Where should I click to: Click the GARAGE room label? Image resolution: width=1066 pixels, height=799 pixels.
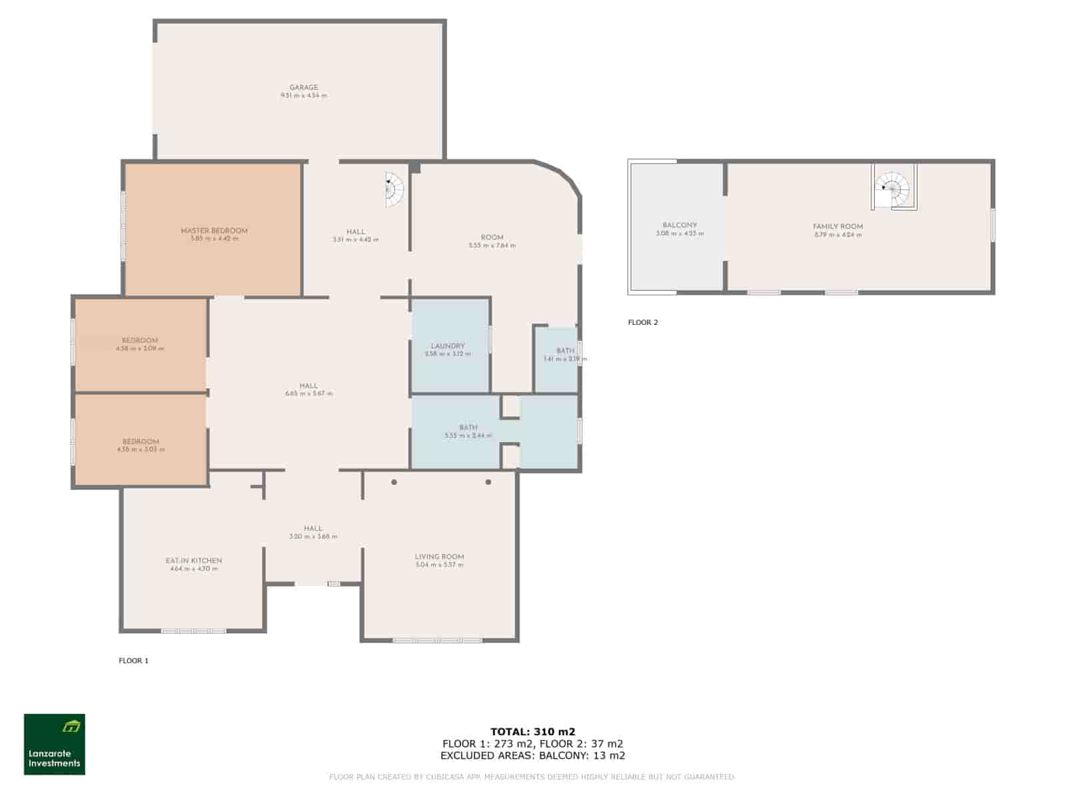303,87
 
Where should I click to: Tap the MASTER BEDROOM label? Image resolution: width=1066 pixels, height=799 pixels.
214,231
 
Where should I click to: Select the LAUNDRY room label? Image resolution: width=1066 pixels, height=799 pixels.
448,346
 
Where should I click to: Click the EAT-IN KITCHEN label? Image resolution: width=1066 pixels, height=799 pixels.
194,561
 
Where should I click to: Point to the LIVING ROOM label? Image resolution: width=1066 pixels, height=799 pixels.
439,557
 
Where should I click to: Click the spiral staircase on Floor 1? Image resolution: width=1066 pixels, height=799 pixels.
394,190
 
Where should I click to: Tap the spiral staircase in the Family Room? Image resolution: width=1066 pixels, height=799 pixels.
893,190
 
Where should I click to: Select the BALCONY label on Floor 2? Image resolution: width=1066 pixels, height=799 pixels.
680,225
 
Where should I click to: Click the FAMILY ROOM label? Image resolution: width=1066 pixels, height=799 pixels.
837,226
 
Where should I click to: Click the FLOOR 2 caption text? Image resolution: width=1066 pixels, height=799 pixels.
642,322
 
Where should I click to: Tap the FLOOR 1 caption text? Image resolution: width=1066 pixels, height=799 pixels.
133,661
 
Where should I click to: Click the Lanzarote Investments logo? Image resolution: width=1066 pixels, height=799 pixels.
55,744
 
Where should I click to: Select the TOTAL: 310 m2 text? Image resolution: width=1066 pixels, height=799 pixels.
532,731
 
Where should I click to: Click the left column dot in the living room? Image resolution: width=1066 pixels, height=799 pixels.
394,482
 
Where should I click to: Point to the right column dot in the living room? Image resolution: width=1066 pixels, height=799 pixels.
488,482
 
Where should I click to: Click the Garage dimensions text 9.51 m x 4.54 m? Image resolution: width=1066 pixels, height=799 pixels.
303,96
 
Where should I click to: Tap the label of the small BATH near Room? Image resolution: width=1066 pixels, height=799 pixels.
565,351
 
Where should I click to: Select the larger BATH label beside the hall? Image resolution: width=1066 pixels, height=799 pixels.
468,427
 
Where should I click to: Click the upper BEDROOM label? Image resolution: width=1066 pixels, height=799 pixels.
140,340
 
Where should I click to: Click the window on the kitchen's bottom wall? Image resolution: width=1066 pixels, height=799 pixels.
194,631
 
